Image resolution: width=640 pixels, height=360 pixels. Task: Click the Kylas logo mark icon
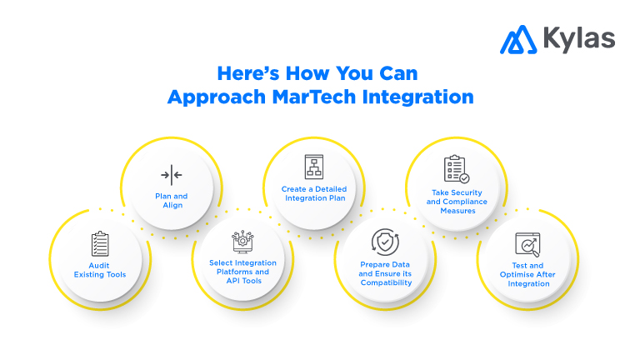point(517,38)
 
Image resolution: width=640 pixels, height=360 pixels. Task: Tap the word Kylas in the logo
point(577,38)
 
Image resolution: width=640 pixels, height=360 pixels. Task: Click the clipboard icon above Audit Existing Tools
point(100,244)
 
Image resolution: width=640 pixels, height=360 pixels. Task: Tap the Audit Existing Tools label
point(100,269)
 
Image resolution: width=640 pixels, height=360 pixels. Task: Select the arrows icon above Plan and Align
point(172,175)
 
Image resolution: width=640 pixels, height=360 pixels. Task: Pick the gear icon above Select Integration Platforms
point(242,240)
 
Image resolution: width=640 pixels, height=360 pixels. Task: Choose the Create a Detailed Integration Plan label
point(313,194)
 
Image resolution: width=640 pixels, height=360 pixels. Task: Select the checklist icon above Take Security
point(456,169)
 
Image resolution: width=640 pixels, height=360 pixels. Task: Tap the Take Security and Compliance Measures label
point(456,201)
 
